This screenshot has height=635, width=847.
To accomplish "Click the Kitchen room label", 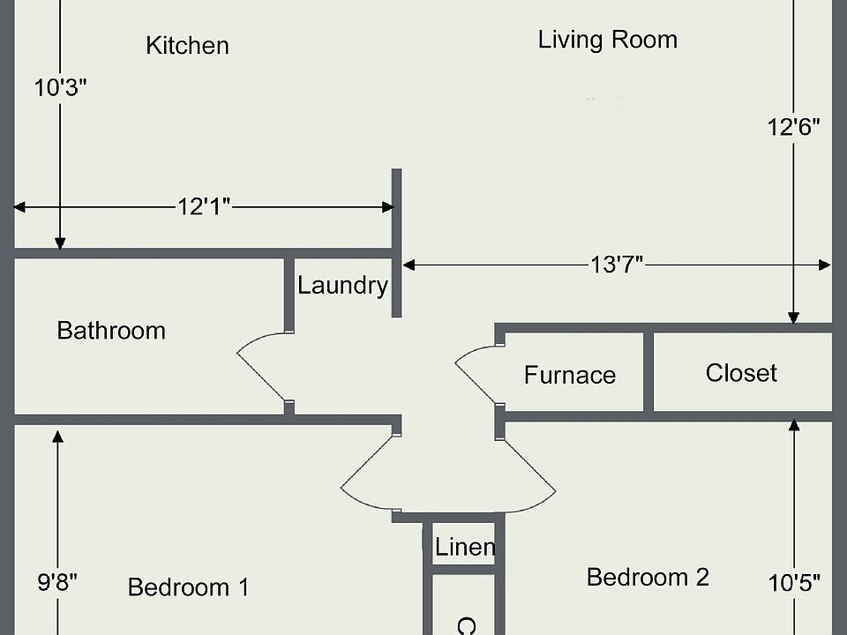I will tap(187, 46).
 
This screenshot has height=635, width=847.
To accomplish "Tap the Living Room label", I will tap(608, 40).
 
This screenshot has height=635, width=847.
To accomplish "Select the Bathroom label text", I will tap(111, 331).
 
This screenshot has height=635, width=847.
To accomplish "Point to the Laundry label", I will tap(342, 286).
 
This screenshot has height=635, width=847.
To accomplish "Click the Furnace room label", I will tap(570, 375).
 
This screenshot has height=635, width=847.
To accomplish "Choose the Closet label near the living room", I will tap(741, 373).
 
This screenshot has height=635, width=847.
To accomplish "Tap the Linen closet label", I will tap(465, 547).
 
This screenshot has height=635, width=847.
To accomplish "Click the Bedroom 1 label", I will tap(189, 587).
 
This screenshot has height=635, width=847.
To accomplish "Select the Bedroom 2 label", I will tap(648, 578).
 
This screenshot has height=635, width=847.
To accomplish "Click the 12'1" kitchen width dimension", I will tap(204, 207).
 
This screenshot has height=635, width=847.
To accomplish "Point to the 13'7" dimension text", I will tap(617, 264).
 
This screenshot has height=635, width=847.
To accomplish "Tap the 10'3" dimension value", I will tap(60, 88).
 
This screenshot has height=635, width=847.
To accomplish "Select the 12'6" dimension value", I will tap(794, 126).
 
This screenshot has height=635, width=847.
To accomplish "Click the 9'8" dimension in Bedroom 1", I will tap(57, 582).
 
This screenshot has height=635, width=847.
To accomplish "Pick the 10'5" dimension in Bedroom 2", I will tap(794, 582).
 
